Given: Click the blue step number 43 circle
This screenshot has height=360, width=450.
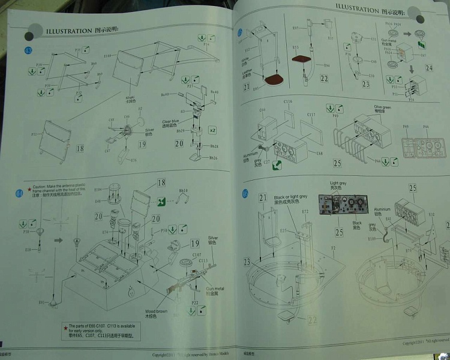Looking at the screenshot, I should tap(28, 50).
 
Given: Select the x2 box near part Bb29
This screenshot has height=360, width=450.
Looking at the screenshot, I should tap(212, 130).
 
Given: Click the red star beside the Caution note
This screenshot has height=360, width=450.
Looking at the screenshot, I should tap(28, 187).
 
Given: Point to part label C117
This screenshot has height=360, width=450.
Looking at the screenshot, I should tap(311, 114).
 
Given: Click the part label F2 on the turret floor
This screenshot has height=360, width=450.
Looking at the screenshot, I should tap(333, 247).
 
